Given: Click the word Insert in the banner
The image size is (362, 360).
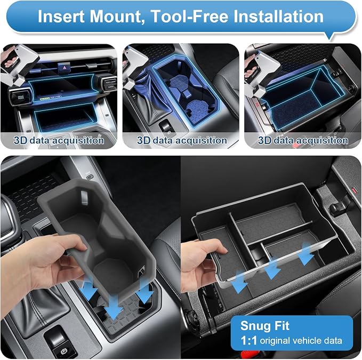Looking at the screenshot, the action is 61,17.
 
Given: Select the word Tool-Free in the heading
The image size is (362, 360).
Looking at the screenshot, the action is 190,17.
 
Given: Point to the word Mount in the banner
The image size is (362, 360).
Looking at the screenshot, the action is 117,17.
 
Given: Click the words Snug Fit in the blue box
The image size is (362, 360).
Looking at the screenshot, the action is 264,325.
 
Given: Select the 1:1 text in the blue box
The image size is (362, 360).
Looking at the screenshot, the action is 248,340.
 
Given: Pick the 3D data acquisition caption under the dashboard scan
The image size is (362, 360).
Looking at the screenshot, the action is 59,140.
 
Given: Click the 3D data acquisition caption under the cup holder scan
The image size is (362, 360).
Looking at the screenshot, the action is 182,140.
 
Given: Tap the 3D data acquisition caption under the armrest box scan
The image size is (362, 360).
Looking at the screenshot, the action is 303,140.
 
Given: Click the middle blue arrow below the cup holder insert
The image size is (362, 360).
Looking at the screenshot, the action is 114,308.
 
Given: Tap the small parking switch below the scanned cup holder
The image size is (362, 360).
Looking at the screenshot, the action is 166,127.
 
